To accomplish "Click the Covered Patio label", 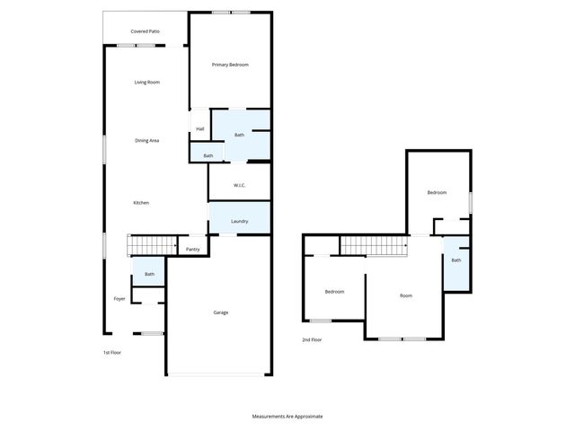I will click(145, 31).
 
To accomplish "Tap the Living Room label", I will click(146, 83).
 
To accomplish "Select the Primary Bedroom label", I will click(230, 65).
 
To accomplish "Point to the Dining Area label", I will click(146, 140).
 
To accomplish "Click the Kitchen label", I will click(141, 203).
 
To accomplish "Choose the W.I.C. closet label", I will click(240, 185).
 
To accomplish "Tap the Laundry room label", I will click(239, 221).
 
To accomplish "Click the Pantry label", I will click(192, 250).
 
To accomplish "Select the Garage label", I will click(220, 312).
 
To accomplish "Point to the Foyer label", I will click(119, 298).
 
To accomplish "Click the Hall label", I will click(199, 129).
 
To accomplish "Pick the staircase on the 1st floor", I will click(150, 245).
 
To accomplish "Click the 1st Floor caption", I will click(112, 353).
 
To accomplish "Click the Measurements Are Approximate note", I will click(287, 417).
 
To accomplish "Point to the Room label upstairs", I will click(406, 295).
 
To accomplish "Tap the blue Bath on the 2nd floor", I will click(456, 261).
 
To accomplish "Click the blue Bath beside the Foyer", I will click(149, 274).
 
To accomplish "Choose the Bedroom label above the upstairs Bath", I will click(437, 192).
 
